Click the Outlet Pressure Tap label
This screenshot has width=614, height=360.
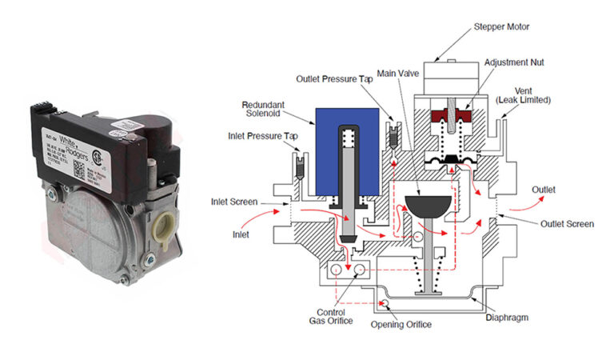coord(335,79)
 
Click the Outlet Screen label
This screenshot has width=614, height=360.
coord(567,224)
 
